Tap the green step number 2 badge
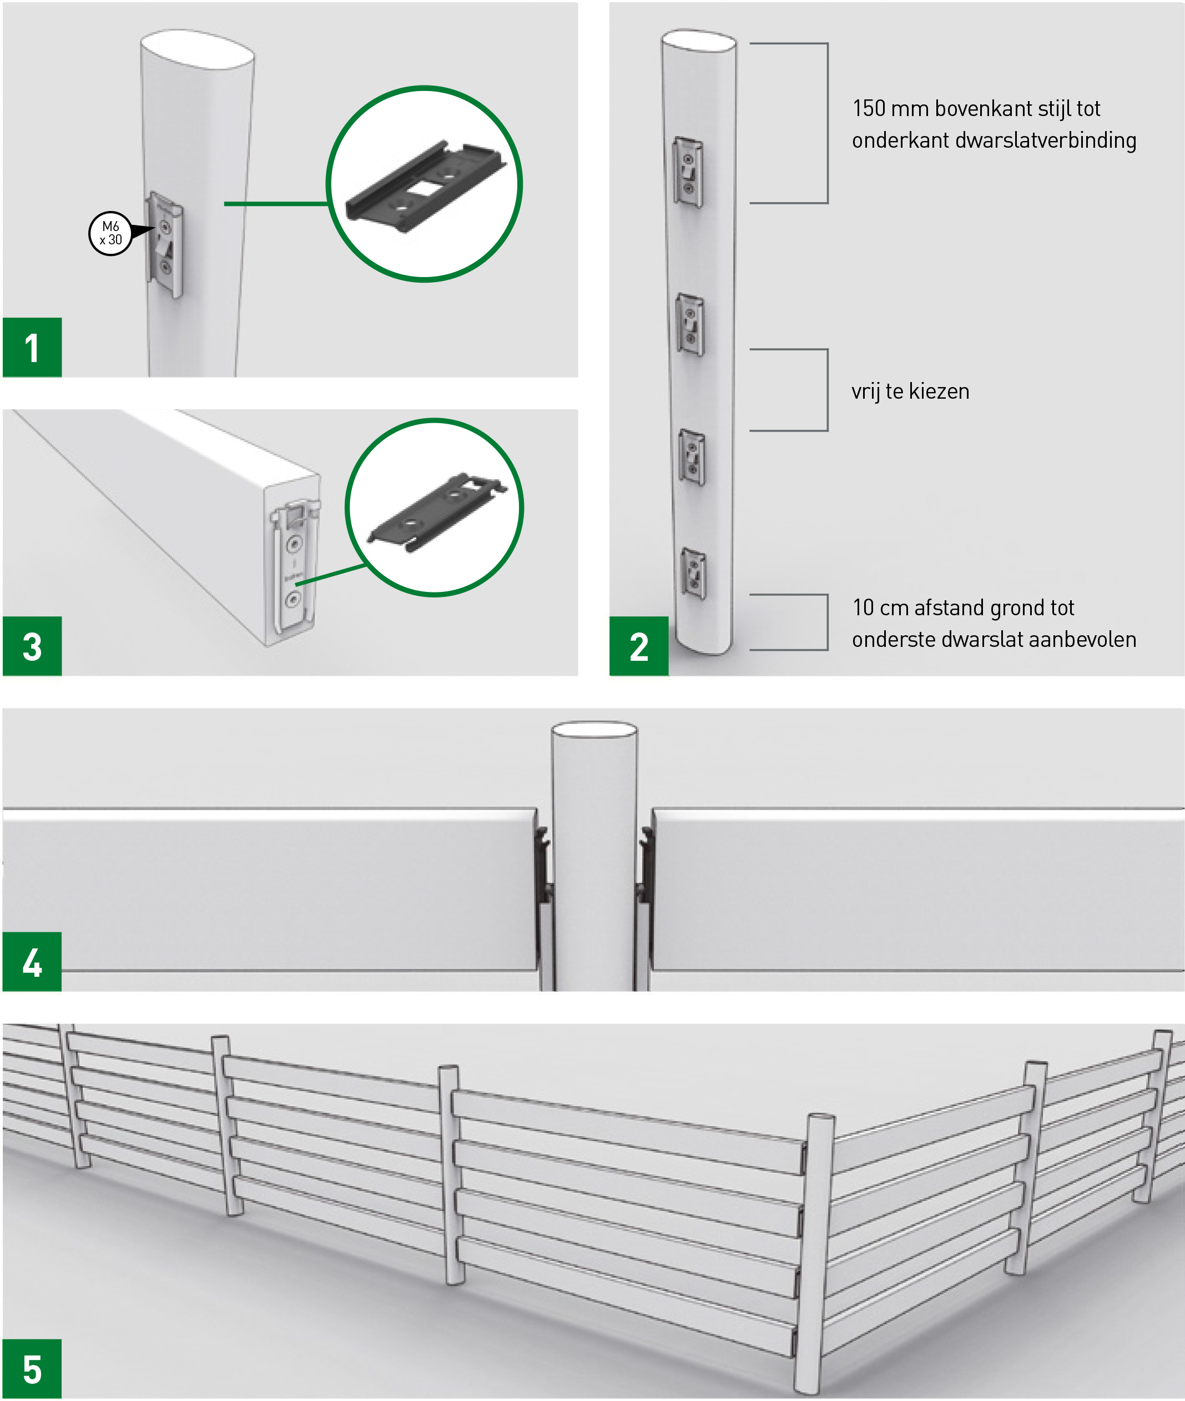[x=639, y=646]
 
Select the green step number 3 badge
[x=32, y=646]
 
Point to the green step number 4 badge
[x=32, y=962]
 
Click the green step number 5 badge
[x=32, y=1369]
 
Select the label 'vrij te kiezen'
[x=910, y=391]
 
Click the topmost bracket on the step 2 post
[x=689, y=172]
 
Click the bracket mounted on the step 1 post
[x=165, y=244]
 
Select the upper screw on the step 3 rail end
[x=294, y=543]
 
